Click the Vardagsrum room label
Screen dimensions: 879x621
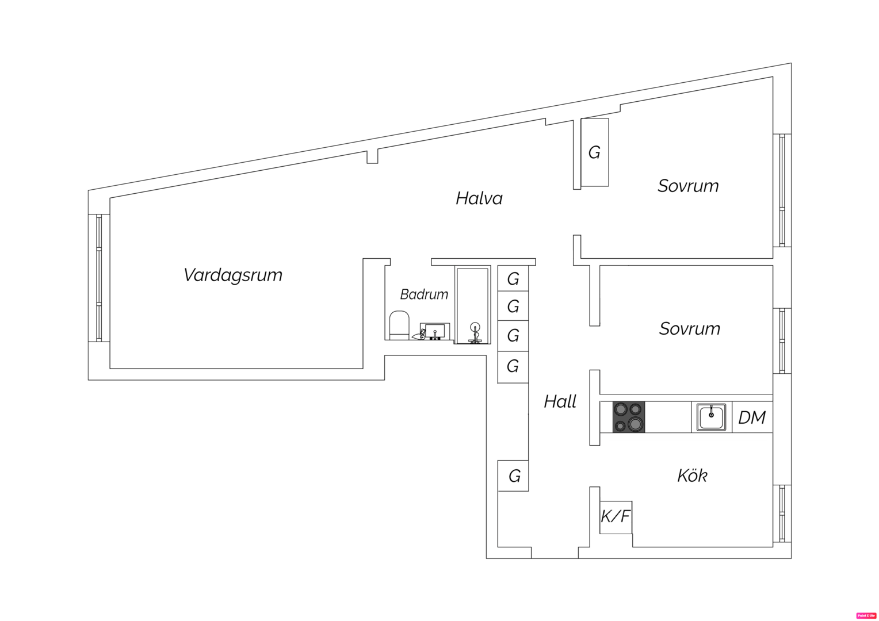click(x=233, y=275)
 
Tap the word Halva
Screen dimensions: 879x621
click(x=479, y=198)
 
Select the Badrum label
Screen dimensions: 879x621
click(x=424, y=294)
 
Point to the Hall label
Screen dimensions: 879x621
click(x=560, y=401)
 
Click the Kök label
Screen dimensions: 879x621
click(x=692, y=476)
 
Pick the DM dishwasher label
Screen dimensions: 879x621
click(x=751, y=418)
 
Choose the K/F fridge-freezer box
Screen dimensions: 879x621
click(x=616, y=517)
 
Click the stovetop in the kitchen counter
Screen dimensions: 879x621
click(x=629, y=417)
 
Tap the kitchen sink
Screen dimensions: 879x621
click(x=711, y=417)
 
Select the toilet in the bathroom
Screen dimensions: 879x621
click(x=399, y=325)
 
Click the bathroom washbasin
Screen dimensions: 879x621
click(x=435, y=332)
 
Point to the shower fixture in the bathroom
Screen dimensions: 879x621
click(x=475, y=333)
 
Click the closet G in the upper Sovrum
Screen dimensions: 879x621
click(x=594, y=152)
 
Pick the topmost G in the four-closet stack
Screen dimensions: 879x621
click(x=513, y=278)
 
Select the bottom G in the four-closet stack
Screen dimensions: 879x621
click(x=513, y=367)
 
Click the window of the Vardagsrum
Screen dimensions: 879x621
click(x=98, y=278)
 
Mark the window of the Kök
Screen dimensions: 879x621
click(x=782, y=513)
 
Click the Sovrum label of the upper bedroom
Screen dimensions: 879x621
click(x=688, y=186)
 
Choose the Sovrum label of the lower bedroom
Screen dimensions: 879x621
click(x=690, y=328)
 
